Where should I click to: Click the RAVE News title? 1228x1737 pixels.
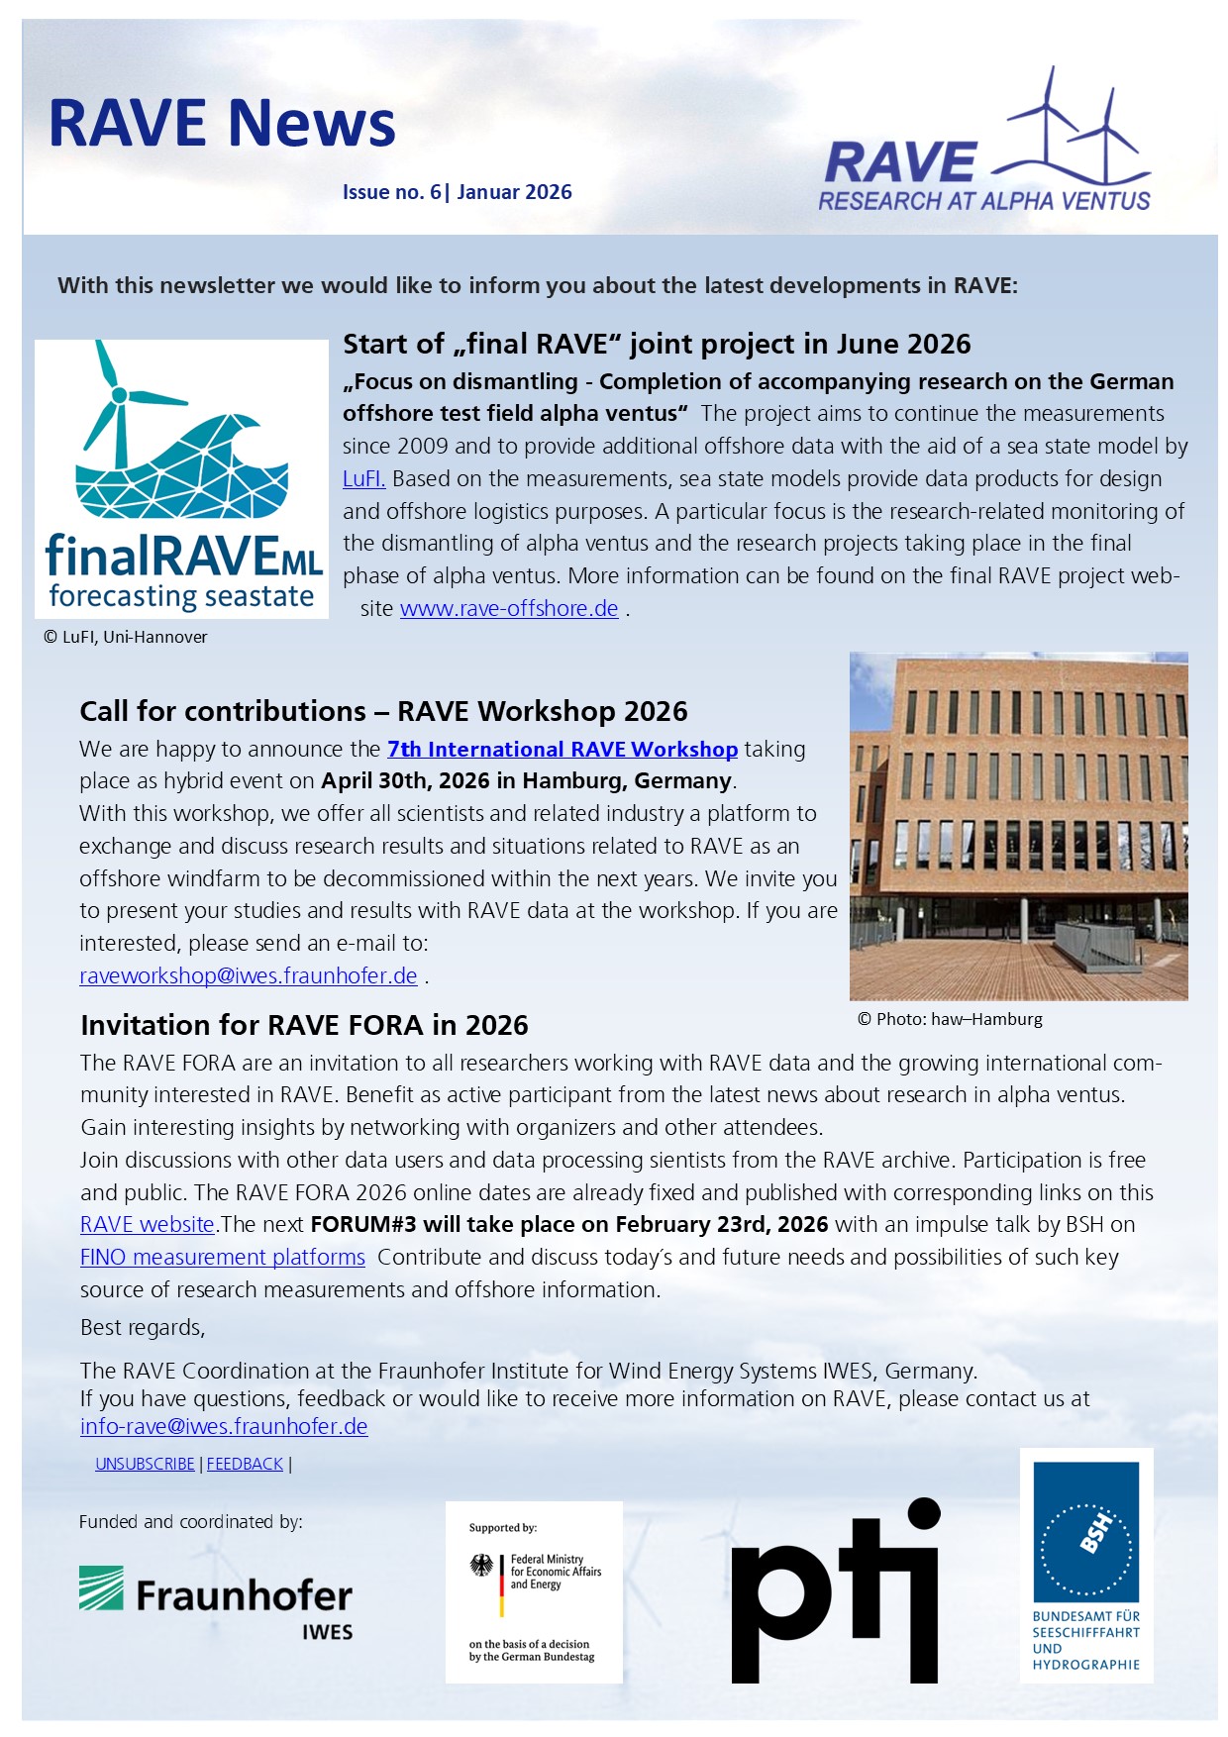[222, 124]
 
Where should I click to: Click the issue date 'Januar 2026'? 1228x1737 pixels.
[514, 192]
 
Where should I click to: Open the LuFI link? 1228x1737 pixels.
[363, 479]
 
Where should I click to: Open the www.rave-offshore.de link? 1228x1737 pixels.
[509, 609]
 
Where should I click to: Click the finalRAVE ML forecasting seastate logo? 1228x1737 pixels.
[182, 479]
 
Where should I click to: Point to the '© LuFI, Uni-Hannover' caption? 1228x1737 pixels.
[126, 638]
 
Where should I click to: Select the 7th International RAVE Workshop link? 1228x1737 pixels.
[562, 750]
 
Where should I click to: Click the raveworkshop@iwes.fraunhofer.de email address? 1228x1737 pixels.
[248, 976]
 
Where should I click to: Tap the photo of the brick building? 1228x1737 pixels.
[1018, 826]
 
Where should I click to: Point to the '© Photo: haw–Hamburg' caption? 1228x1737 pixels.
[950, 1019]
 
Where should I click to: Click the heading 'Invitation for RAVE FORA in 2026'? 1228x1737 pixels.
[304, 1025]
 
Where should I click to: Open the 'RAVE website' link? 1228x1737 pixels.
[148, 1225]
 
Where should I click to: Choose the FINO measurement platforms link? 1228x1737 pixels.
[223, 1258]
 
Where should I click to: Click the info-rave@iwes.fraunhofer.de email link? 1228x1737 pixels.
[224, 1427]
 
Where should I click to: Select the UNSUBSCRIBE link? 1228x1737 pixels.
[145, 1464]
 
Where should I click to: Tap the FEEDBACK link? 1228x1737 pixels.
[245, 1464]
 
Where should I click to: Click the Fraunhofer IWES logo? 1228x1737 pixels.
[216, 1600]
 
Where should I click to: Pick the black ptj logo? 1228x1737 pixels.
[835, 1590]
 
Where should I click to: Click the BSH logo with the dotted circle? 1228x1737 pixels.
[1086, 1565]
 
